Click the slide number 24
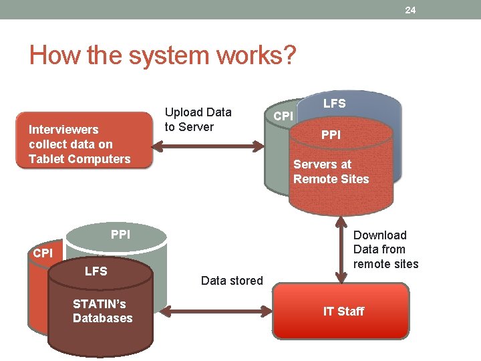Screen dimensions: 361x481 pos(410,9)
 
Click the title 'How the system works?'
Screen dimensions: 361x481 pos(162,55)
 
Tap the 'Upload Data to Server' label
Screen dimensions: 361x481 pos(198,120)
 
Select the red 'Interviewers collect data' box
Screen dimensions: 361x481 pos(84,140)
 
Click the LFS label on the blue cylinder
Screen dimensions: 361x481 pos(334,103)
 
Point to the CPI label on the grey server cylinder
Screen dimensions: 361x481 pos(283,116)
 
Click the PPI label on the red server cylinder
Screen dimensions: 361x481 pos(331,135)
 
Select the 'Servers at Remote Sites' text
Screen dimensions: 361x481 pos(331,172)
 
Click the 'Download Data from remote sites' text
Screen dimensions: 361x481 pos(385,249)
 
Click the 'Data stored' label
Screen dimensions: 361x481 pos(232,281)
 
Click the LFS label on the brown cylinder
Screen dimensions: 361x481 pos(96,271)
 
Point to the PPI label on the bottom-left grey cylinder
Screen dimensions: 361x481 pos(120,235)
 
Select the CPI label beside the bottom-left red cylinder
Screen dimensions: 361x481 pos(43,253)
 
